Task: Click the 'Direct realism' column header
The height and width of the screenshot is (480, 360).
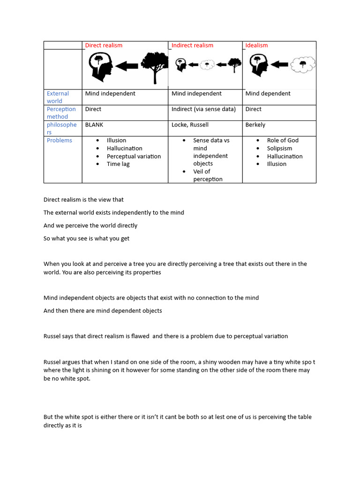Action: [x=104, y=45]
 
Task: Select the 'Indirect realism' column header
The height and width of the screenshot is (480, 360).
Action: [x=192, y=45]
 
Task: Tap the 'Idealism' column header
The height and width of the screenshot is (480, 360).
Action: [x=256, y=45]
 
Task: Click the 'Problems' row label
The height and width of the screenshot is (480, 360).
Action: [x=60, y=140]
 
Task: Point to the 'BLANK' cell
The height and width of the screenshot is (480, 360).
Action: [x=94, y=125]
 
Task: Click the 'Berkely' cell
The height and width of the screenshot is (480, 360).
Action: [x=255, y=125]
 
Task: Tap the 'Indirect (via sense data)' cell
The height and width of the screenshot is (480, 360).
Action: [x=203, y=109]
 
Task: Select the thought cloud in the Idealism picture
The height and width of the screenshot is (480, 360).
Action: [x=302, y=65]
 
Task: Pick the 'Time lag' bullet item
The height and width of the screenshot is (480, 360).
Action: [x=118, y=164]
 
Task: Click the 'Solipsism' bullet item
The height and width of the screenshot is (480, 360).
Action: [x=279, y=148]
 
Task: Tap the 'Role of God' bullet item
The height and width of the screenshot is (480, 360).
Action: [x=283, y=140]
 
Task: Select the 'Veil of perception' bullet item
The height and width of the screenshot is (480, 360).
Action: [x=208, y=175]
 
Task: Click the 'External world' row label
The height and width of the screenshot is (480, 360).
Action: [x=58, y=97]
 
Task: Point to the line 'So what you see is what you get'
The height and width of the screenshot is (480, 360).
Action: [x=86, y=238]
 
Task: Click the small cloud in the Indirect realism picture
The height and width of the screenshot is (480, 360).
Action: [x=207, y=65]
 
